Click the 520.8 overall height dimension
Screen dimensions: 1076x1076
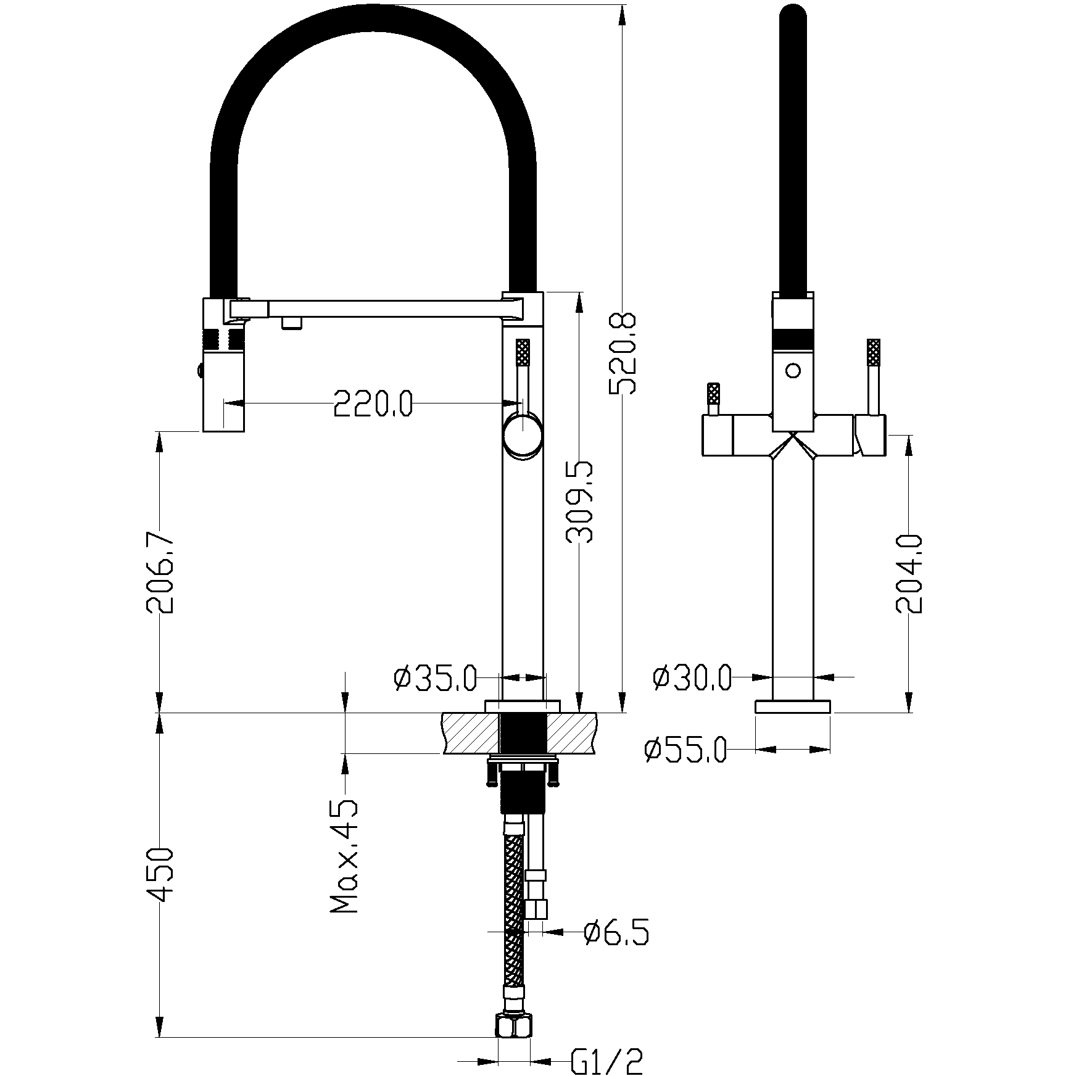tap(622, 354)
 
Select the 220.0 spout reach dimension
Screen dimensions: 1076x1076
tap(373, 404)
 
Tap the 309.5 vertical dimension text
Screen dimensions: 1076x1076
tap(579, 502)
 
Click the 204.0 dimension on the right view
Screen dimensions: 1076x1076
tap(909, 574)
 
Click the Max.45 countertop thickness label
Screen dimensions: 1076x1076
tap(344, 856)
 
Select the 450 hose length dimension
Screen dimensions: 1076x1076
tap(160, 875)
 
